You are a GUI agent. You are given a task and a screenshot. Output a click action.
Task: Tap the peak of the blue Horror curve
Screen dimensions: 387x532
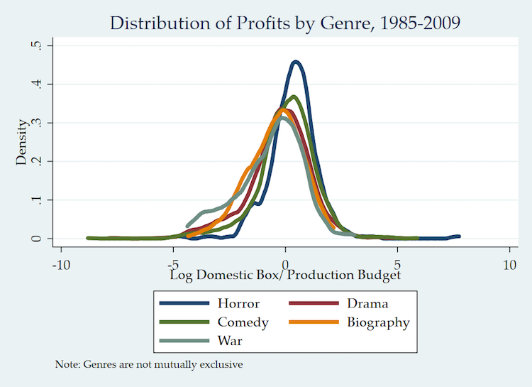[x=296, y=62]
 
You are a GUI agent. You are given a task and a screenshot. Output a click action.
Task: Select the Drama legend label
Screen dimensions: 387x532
[x=367, y=304]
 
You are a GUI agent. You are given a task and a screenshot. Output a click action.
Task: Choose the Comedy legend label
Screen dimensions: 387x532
[x=243, y=322]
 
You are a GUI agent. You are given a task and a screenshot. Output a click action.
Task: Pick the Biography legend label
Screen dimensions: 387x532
[x=378, y=322]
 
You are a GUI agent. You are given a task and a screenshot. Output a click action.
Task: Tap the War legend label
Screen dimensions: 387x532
[x=230, y=341]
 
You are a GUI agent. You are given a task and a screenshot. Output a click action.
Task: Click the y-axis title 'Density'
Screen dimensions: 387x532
[x=21, y=142]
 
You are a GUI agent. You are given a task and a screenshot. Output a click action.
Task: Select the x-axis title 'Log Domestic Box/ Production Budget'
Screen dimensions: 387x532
[x=285, y=275]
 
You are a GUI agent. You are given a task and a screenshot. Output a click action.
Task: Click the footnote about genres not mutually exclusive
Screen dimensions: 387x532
[x=149, y=364]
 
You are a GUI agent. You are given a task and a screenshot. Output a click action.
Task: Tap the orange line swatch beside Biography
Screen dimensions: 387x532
[x=313, y=322]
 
